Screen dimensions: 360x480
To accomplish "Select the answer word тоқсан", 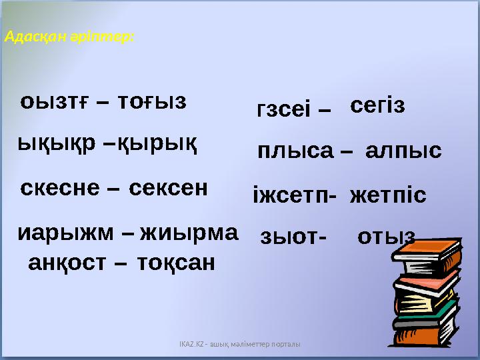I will click(x=176, y=263).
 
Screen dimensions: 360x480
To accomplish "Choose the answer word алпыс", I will click(x=403, y=151).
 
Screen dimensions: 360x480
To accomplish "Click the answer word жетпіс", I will click(x=387, y=196).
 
